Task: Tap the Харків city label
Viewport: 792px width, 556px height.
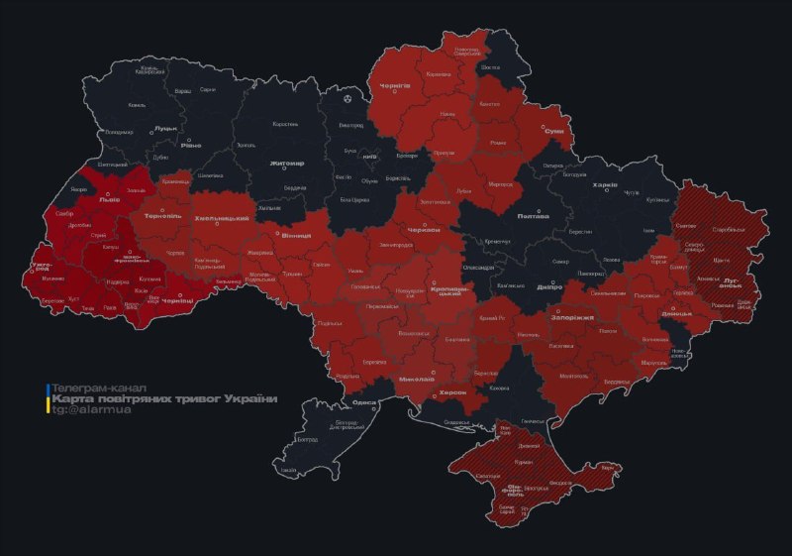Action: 604,185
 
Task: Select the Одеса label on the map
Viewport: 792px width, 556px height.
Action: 364,402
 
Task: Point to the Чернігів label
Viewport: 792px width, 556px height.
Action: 396,86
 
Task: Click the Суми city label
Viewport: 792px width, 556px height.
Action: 554,131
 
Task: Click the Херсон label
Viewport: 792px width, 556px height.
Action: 451,392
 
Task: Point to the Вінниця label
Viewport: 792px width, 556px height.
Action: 296,235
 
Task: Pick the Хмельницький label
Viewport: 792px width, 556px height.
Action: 220,217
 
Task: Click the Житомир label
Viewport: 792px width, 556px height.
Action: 287,163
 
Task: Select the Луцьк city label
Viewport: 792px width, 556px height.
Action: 165,128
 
